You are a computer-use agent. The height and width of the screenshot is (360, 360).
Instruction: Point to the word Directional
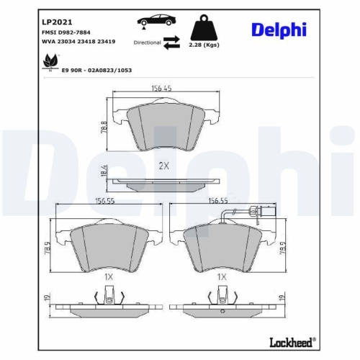pyautogui.click(x=147, y=43)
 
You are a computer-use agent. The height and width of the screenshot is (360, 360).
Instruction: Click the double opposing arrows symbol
pyautogui.click(x=171, y=43)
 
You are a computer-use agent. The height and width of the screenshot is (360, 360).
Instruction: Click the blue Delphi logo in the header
pyautogui.click(x=279, y=30)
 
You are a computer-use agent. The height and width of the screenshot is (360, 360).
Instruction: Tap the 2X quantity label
pyautogui.click(x=163, y=166)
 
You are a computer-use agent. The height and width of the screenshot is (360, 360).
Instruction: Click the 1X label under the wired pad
pyautogui.click(x=222, y=276)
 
